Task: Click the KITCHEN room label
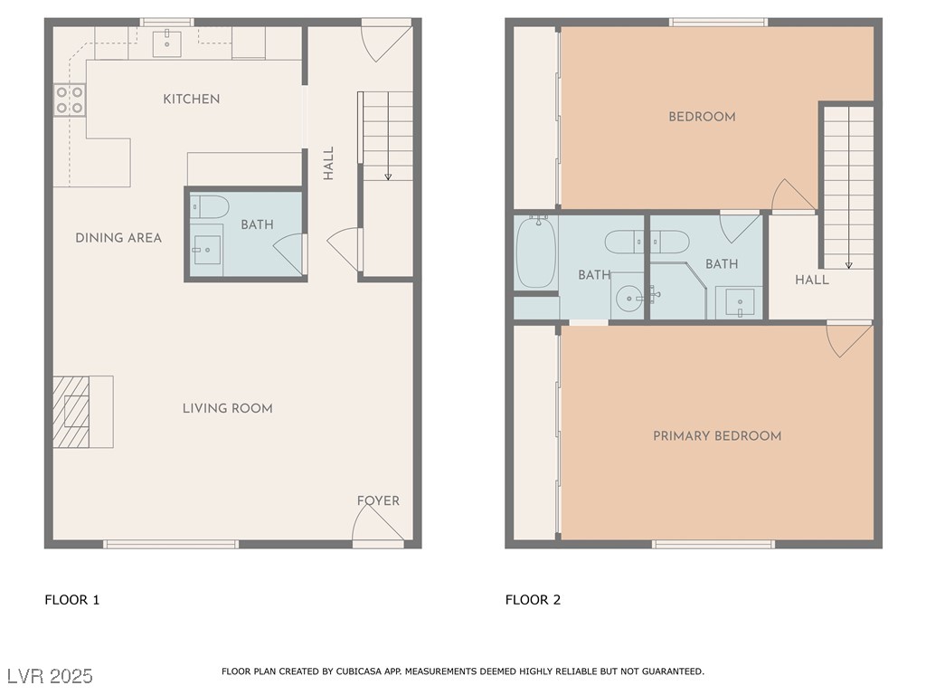click(192, 99)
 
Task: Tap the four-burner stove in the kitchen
click(70, 100)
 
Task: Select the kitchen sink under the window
click(167, 43)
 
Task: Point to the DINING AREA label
click(118, 238)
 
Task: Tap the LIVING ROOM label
click(227, 408)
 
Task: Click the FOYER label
click(378, 500)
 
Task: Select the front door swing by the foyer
click(378, 523)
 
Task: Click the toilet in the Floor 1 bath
click(210, 207)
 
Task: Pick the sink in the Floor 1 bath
click(207, 250)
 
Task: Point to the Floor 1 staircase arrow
click(388, 136)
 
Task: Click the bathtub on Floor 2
click(536, 252)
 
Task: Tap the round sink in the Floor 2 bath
click(629, 299)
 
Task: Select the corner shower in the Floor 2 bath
click(678, 290)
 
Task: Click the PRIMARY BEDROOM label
click(717, 435)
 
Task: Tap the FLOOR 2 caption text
click(533, 600)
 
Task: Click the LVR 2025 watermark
click(51, 675)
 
